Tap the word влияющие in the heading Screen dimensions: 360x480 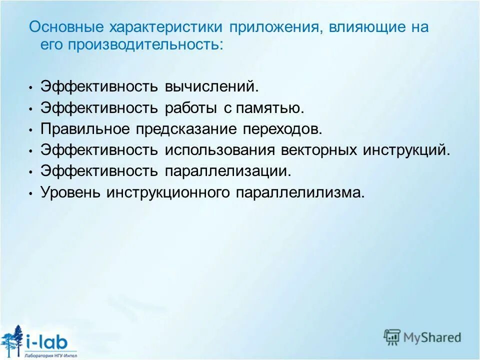coord(363,27)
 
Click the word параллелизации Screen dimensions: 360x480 coord(228,171)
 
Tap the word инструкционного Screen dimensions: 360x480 coord(167,192)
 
